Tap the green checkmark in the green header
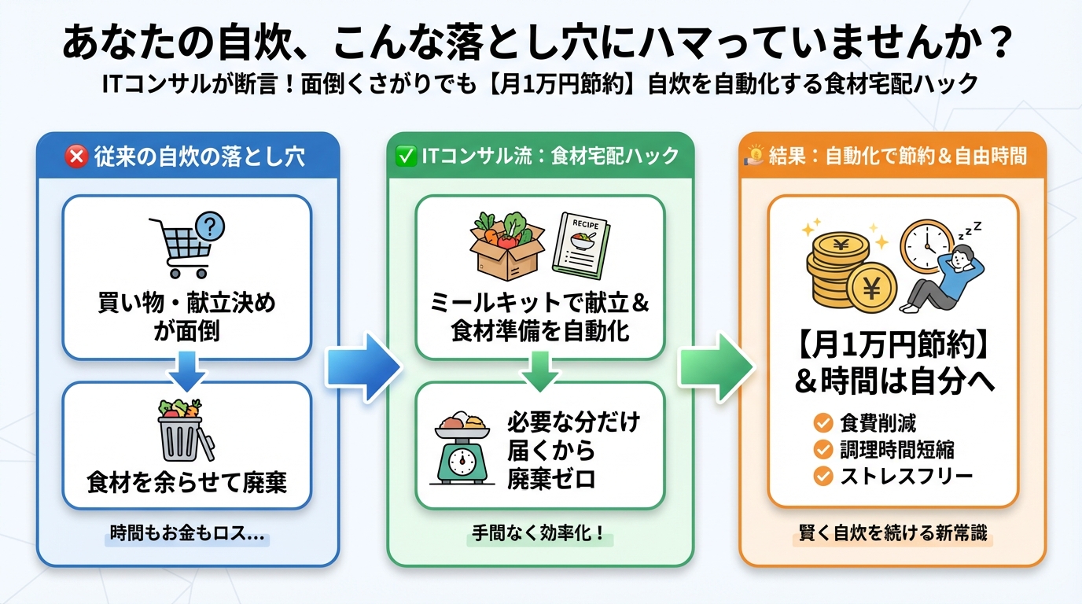(x=406, y=156)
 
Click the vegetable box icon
(x=506, y=241)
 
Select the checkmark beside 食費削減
(x=823, y=424)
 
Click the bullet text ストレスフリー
(x=907, y=476)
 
